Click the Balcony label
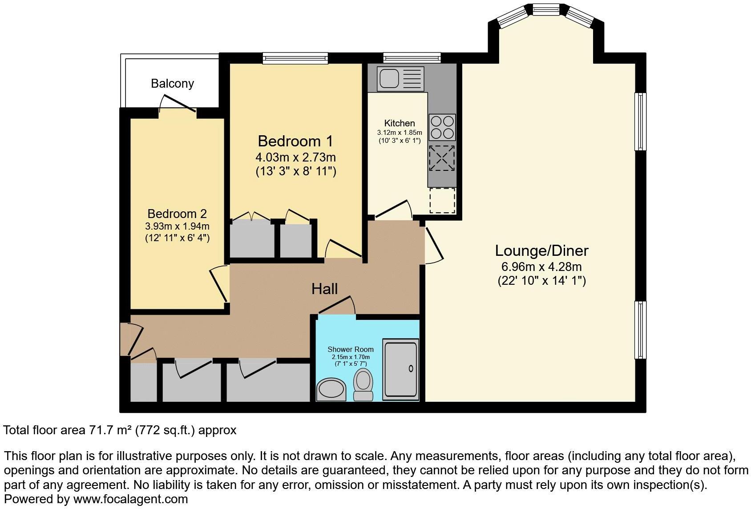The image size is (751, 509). tap(172, 84)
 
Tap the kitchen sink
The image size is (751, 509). tap(389, 79)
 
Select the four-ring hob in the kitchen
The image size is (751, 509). tap(442, 127)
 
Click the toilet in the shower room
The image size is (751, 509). tap(363, 385)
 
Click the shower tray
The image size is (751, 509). tap(400, 368)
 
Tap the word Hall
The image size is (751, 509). tap(324, 289)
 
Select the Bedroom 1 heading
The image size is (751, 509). tap(295, 141)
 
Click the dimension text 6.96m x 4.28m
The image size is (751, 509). tap(541, 267)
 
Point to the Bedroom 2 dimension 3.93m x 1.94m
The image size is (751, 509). tap(177, 226)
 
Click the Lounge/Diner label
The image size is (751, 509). tap(541, 250)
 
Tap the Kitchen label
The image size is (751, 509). tap(400, 123)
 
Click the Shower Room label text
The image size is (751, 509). tap(351, 349)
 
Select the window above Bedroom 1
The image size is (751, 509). tap(295, 58)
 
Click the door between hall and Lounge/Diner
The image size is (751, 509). tap(433, 245)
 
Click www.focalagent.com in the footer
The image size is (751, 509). tap(130, 499)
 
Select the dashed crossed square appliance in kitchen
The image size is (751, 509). tap(442, 158)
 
